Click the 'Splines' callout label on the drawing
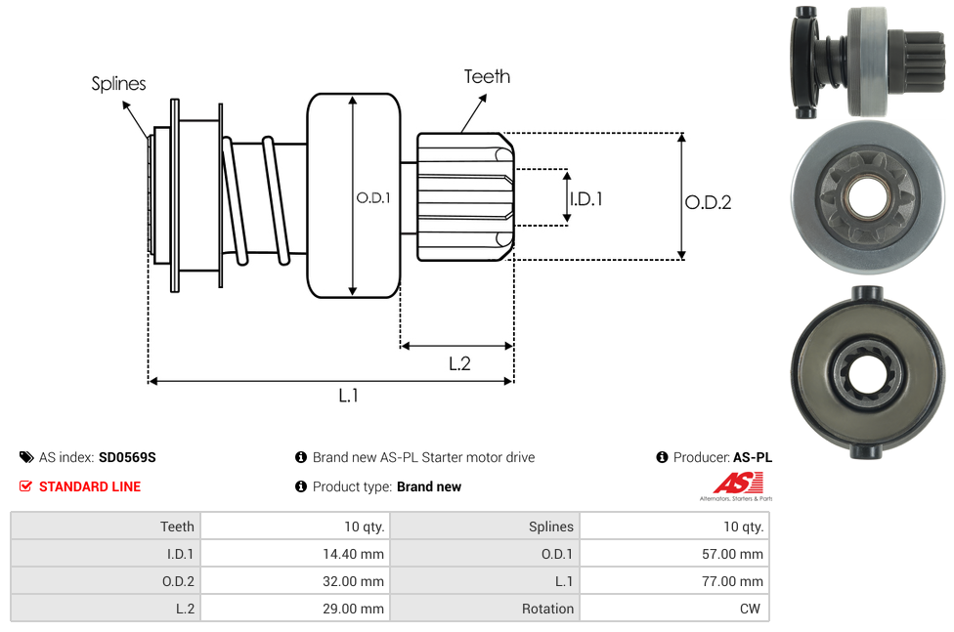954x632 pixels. pos(118,84)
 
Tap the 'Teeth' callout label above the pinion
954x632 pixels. pos(487,76)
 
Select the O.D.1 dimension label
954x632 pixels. pos(373,197)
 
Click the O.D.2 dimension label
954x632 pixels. pos(708,202)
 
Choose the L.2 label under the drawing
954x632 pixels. pos(459,363)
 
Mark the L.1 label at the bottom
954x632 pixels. pos(349,396)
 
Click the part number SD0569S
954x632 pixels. pos(127,457)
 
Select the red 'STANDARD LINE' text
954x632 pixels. pos(90,486)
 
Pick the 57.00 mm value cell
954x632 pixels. pos(737,554)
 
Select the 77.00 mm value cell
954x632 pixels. pos(737,581)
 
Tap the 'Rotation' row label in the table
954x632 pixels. pos(547,609)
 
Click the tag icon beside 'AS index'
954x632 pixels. pos(26,457)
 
